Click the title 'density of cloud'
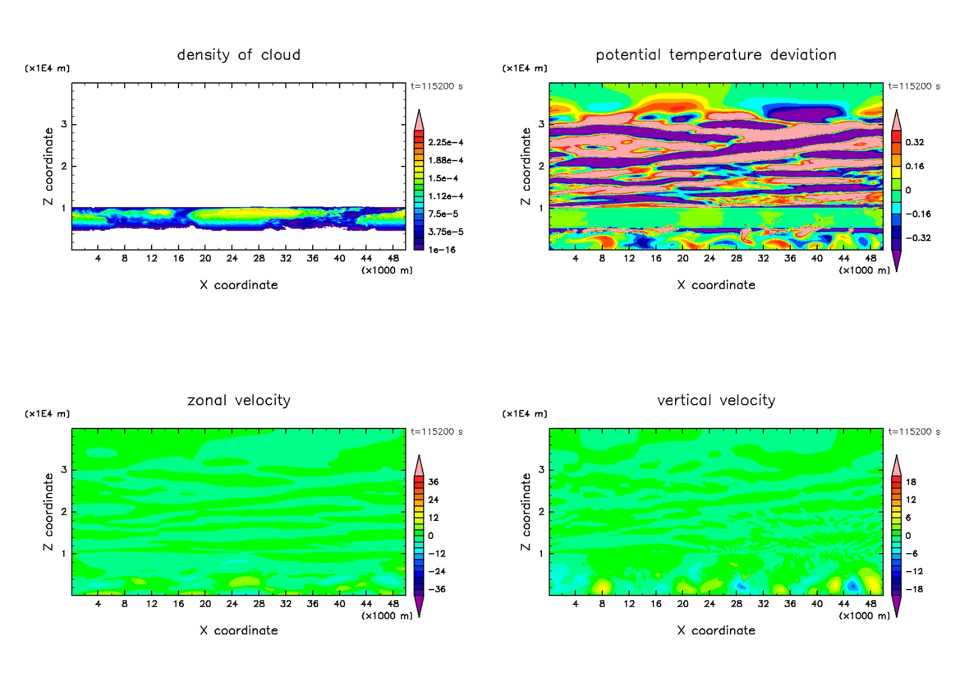[x=239, y=55]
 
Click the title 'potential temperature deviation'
[x=716, y=55]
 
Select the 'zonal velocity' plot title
[x=239, y=400]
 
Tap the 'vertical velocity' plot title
[x=716, y=400]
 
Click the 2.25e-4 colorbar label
[x=445, y=143]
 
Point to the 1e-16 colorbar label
[x=442, y=250]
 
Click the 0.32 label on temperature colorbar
[x=914, y=143]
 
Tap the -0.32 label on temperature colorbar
[x=918, y=238]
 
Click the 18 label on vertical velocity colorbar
[x=911, y=482]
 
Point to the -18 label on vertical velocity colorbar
[x=914, y=590]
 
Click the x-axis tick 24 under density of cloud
[x=232, y=258]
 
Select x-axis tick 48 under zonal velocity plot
[x=393, y=604]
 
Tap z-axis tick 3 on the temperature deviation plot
[x=541, y=124]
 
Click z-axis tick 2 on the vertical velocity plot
[x=541, y=512]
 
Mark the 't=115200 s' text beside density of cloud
[x=437, y=87]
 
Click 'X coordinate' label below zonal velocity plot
[x=239, y=631]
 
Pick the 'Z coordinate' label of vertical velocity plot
[x=526, y=512]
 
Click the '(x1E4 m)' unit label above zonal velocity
[x=47, y=414]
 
